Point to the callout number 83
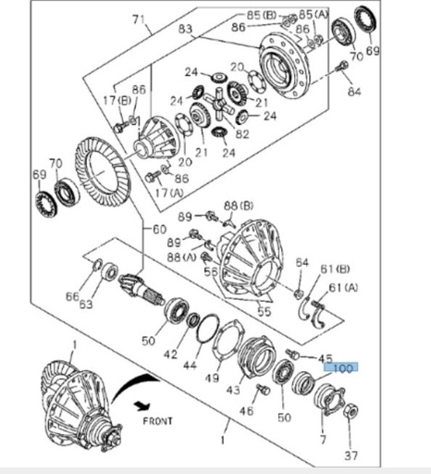click(x=186, y=30)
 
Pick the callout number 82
click(x=242, y=134)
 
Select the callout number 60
click(x=158, y=229)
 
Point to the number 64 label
click(x=301, y=263)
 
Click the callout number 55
click(x=264, y=313)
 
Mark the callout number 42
click(x=170, y=354)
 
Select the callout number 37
click(x=351, y=455)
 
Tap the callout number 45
click(x=325, y=358)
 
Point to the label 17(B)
click(x=117, y=100)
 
